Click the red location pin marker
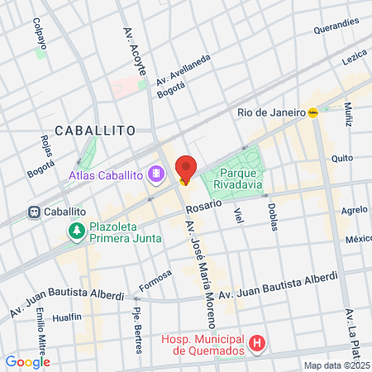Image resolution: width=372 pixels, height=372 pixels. pos(186,168)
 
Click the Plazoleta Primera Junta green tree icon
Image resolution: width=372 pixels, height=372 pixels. pos(77,231)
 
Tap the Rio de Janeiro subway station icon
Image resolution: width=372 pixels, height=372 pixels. pos(313,113)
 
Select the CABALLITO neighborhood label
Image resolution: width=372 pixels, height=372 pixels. pos(94,130)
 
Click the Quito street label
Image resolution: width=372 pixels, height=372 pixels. pos(341,157)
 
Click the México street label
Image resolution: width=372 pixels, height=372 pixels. pos(358,240)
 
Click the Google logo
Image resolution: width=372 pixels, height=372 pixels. pos(27,361)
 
